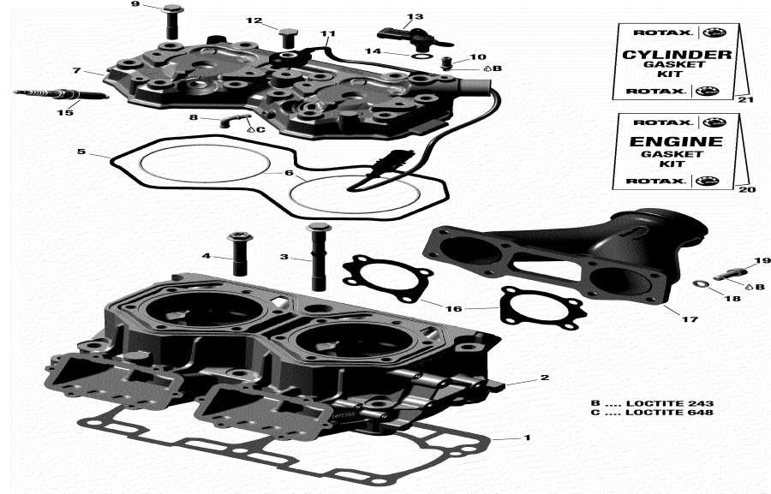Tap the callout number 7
coord(76,70)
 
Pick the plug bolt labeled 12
coord(288,37)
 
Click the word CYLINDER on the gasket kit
coord(676,55)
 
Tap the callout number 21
coord(742,100)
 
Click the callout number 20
coord(742,189)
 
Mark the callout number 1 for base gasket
coord(527,437)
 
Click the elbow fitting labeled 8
coord(229,120)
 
